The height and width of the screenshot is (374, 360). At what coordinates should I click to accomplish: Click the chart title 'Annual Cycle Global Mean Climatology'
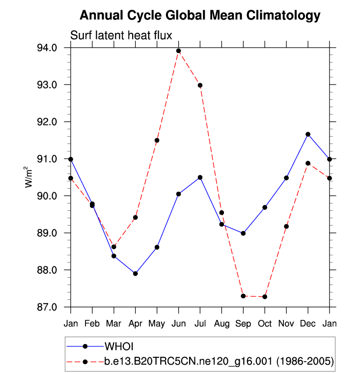pyautogui.click(x=199, y=15)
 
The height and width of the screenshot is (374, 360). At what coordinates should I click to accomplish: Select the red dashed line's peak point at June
pyautogui.click(x=178, y=51)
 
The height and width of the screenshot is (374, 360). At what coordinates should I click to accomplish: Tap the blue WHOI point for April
pyautogui.click(x=135, y=273)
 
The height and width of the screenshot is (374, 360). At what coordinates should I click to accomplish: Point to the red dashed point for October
pyautogui.click(x=265, y=297)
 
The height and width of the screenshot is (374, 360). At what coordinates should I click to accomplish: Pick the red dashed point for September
pyautogui.click(x=243, y=296)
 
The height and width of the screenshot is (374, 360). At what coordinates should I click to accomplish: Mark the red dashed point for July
pyautogui.click(x=200, y=85)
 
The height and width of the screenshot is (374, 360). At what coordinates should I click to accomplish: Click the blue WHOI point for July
pyautogui.click(x=200, y=177)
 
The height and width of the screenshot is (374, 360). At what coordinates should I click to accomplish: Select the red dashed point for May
pyautogui.click(x=157, y=141)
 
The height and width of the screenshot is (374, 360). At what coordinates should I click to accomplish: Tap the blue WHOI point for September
pyautogui.click(x=243, y=233)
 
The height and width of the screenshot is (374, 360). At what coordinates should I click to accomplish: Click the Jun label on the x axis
pyautogui.click(x=178, y=324)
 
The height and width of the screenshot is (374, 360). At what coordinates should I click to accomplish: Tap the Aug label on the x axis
pyautogui.click(x=222, y=324)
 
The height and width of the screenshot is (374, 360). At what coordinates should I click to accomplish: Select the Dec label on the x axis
pyautogui.click(x=308, y=324)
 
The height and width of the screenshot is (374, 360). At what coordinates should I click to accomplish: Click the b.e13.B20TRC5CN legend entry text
pyautogui.click(x=219, y=362)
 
